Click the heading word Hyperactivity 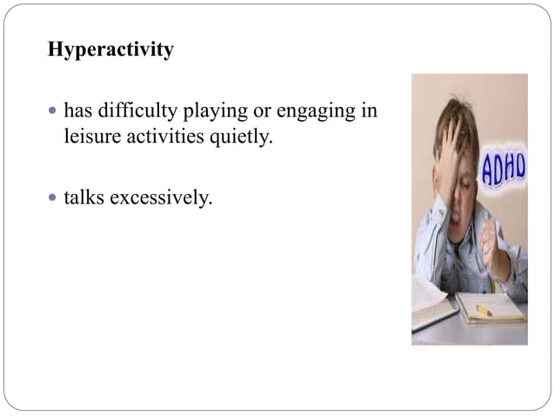110,50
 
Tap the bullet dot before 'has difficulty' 53,113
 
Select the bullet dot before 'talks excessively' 53,199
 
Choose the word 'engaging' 315,114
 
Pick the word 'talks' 84,198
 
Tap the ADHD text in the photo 503,169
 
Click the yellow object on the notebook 484,310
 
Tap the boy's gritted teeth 458,211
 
